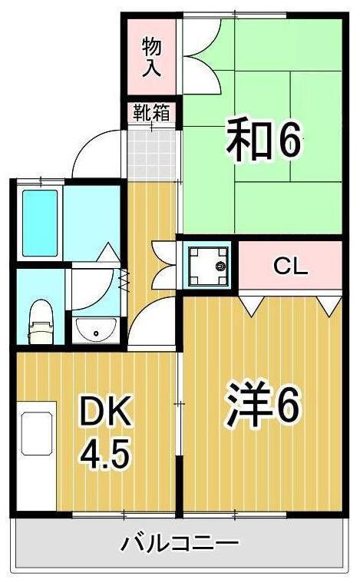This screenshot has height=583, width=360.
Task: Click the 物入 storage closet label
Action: coord(151,57)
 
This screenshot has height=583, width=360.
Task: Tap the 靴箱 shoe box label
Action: coord(151,112)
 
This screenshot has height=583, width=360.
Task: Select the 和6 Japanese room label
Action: coord(263,141)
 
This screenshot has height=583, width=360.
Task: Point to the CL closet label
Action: coord(290,266)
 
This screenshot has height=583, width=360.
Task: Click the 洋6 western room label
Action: coord(263,405)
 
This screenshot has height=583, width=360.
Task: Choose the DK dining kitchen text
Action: coord(106,412)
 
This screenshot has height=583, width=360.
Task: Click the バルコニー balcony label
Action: coord(180,544)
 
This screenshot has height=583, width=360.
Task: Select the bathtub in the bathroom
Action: coord(40,223)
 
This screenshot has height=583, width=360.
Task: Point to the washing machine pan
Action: coord(208,267)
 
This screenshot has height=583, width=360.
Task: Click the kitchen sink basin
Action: coord(36,433)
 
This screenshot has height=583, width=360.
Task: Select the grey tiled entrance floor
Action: coord(151,154)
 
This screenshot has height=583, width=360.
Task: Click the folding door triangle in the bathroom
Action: coord(108,252)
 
